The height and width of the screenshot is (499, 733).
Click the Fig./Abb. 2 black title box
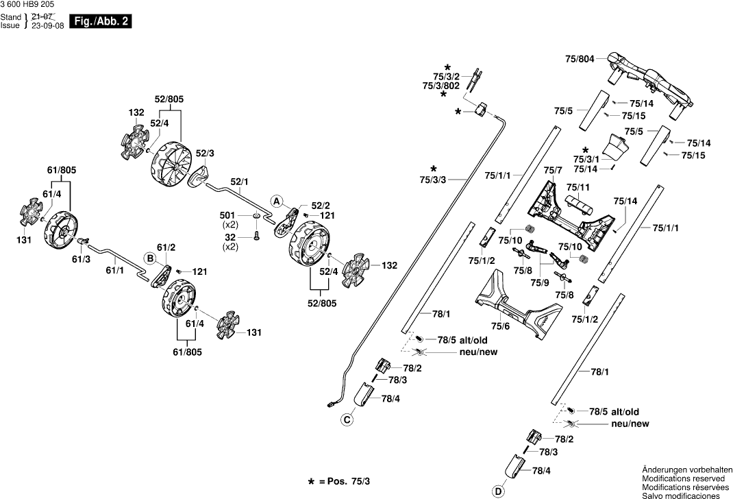click(x=100, y=21)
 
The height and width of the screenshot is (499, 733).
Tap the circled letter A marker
click(x=277, y=202)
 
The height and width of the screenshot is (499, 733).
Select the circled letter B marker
click(x=149, y=258)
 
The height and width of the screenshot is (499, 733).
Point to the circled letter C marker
click(x=347, y=420)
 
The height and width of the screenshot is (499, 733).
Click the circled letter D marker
click(x=498, y=491)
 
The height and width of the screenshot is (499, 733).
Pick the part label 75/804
click(x=580, y=59)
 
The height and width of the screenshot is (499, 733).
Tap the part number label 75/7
click(x=553, y=170)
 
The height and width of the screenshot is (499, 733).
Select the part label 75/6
click(x=500, y=326)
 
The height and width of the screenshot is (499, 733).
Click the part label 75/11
click(x=577, y=188)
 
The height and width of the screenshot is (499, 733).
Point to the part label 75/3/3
click(x=433, y=180)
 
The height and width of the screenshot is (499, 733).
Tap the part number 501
click(x=227, y=216)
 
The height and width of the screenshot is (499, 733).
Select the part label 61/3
click(x=81, y=259)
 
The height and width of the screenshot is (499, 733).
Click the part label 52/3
click(x=205, y=154)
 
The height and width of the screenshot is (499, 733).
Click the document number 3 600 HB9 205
click(x=27, y=4)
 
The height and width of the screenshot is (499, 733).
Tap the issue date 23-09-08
click(x=47, y=26)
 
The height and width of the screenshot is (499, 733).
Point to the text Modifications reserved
click(x=684, y=478)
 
